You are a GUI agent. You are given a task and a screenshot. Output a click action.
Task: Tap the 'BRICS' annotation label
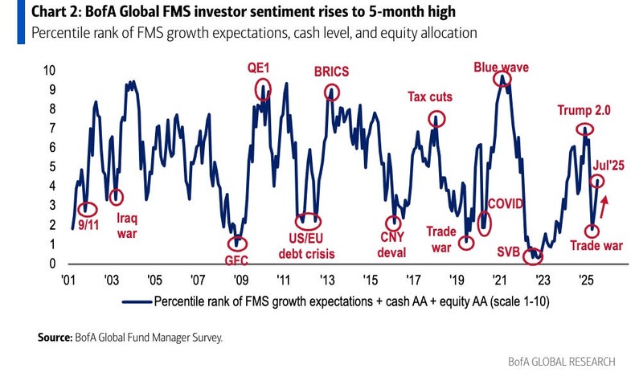(x=331, y=72)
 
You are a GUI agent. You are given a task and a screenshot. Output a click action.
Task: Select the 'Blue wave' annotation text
(x=501, y=67)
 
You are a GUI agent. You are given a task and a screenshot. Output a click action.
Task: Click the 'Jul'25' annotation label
(x=609, y=166)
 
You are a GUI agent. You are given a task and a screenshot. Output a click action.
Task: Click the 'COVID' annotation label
(x=506, y=204)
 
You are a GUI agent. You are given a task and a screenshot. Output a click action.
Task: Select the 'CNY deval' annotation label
(x=393, y=245)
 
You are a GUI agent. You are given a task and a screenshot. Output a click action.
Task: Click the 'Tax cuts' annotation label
(x=430, y=97)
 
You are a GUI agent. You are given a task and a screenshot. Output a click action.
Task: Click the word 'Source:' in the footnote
(x=59, y=338)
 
